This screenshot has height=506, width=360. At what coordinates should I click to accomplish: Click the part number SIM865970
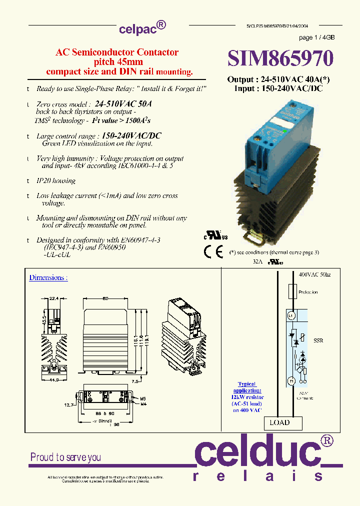tap(280, 58)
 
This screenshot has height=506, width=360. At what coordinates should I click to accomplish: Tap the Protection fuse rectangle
tap(292, 291)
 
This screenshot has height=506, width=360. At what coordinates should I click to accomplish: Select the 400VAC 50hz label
tap(314, 275)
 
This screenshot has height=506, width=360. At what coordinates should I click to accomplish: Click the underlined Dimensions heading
tap(48, 277)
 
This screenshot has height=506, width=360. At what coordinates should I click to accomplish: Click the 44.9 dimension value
tap(54, 379)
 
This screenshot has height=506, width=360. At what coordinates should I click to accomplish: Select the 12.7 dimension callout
tap(68, 405)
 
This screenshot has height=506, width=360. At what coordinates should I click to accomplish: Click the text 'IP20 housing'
tap(56, 180)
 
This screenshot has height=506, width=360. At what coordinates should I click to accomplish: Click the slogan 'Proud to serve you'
tap(65, 457)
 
